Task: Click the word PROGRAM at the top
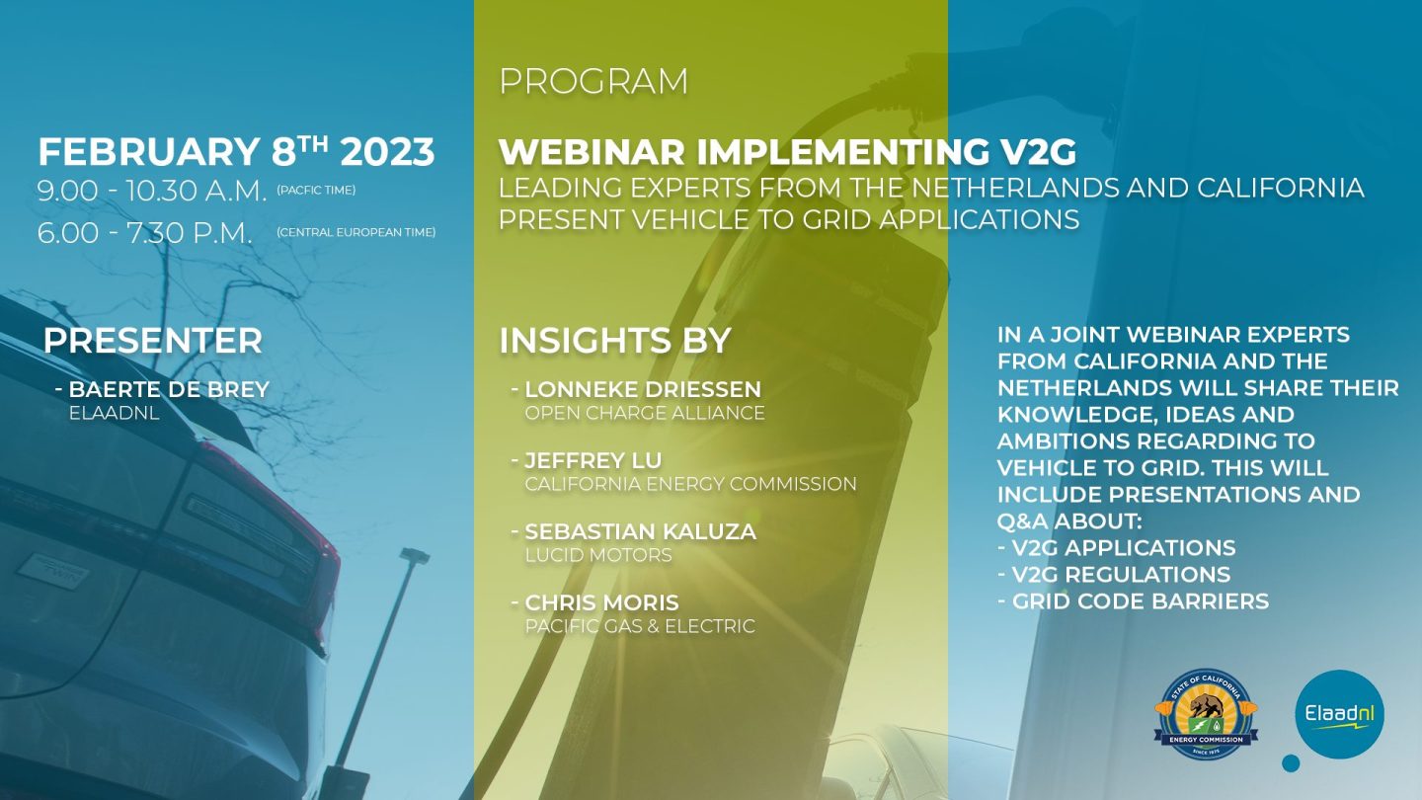(593, 81)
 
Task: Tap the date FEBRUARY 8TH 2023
(236, 152)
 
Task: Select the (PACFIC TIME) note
(316, 190)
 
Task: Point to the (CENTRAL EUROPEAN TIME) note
(356, 232)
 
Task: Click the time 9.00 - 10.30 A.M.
(152, 192)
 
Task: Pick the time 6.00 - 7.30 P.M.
(145, 233)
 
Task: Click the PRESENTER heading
(153, 341)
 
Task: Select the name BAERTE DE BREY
(169, 389)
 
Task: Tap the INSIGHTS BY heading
(615, 341)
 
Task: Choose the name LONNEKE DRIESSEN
(643, 389)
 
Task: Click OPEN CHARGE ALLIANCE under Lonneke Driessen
(645, 413)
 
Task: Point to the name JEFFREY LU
(593, 460)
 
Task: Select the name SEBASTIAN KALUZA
(641, 531)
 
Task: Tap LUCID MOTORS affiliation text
(598, 555)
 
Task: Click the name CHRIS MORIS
(601, 602)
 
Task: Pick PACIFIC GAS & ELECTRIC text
(641, 626)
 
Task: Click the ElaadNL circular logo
(1339, 714)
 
